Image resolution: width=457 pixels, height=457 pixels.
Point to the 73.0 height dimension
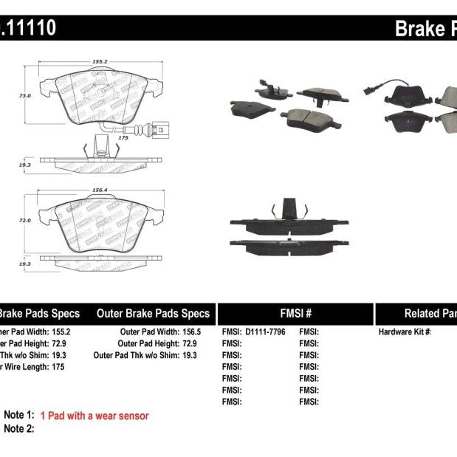point(24,96)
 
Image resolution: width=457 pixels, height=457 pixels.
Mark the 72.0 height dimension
point(24,221)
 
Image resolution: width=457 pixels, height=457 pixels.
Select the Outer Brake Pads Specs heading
point(153,313)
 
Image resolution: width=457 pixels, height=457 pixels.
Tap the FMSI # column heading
point(295,313)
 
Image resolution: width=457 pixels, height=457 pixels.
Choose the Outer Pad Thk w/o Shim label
point(134,355)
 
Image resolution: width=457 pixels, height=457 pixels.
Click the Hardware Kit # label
point(405,332)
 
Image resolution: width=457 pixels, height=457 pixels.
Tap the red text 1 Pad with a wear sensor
point(95,416)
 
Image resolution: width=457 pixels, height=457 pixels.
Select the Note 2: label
point(19,428)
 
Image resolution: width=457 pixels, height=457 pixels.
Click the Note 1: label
point(19,416)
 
